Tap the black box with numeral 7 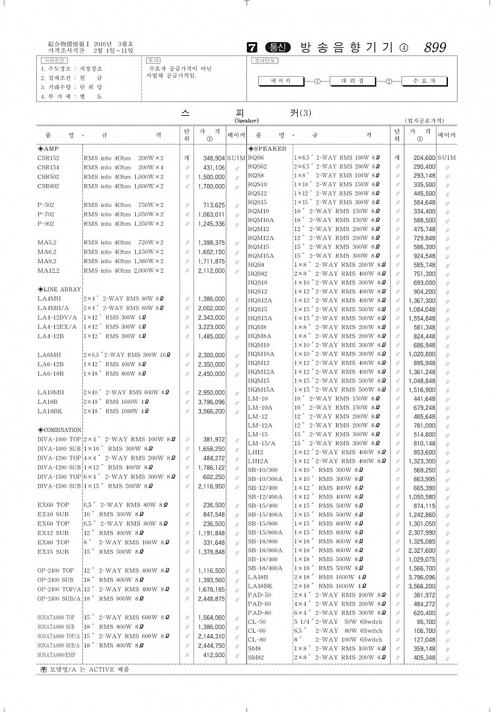252,48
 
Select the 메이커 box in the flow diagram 281,80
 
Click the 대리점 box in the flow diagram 352,80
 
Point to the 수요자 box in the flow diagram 423,80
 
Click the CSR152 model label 48,158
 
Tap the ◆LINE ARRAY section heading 59,289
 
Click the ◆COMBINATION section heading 59,430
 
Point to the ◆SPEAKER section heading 267,148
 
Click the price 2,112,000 211,270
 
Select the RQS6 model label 257,157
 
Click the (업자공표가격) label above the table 430,121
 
